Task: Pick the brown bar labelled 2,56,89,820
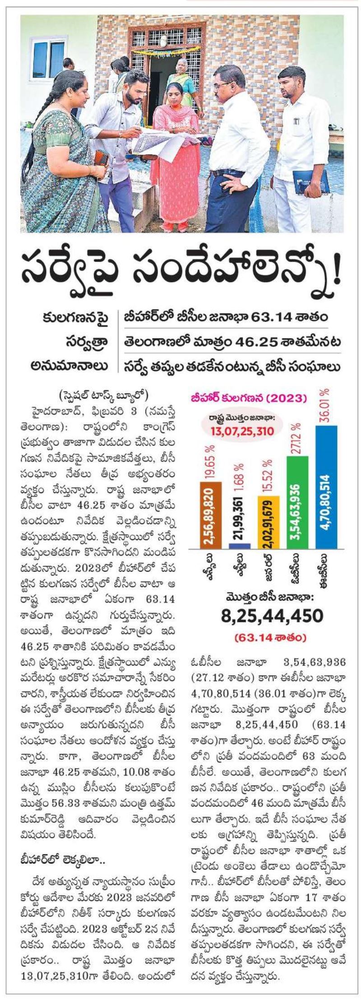click(x=211, y=515)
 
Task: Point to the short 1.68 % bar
click(x=240, y=546)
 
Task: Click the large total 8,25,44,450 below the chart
click(x=272, y=616)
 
